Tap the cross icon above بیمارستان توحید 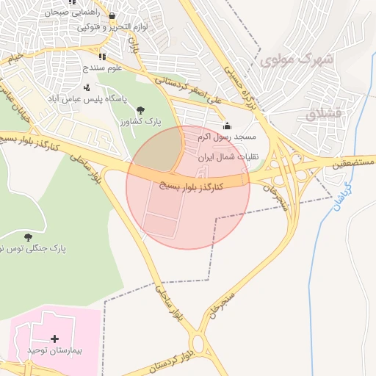click(x=55, y=339)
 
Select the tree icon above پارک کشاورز click(x=151, y=109)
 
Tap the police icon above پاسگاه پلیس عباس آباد click(x=87, y=87)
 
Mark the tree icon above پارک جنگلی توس click(x=28, y=236)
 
